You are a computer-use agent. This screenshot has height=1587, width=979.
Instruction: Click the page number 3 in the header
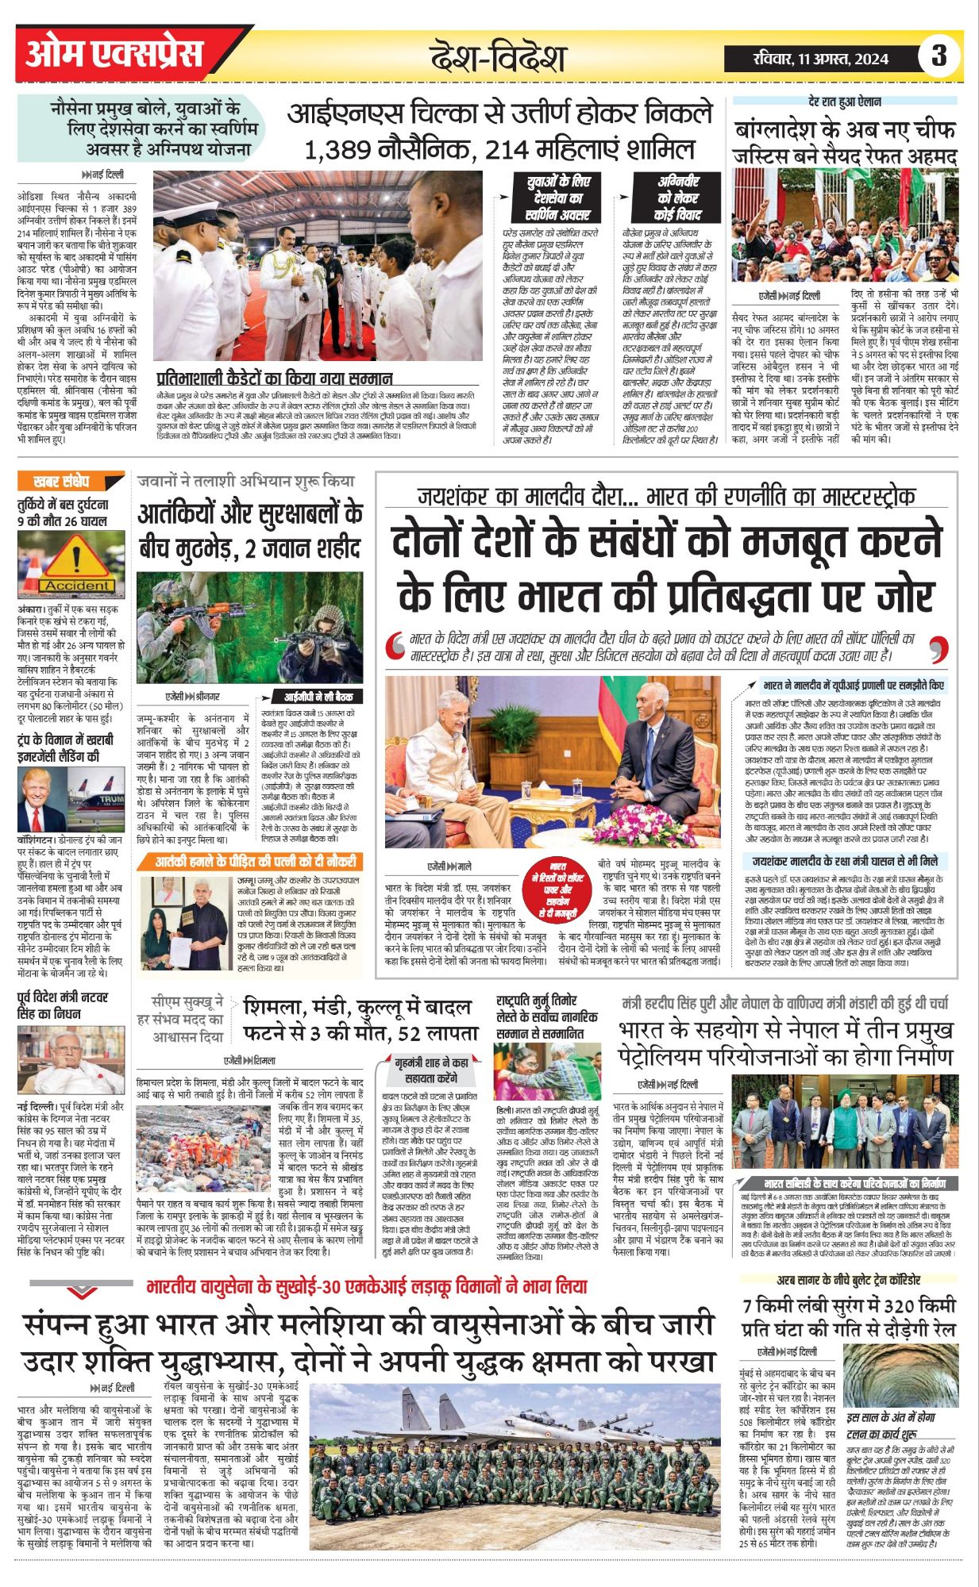[x=939, y=56]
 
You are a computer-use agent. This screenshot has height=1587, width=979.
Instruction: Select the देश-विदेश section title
[x=497, y=57]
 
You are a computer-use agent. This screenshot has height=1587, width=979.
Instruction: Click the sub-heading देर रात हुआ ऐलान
[x=844, y=102]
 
